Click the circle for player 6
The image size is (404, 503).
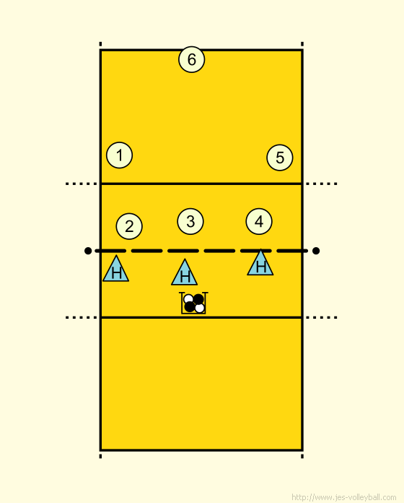click(191, 59)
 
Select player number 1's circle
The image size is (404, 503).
click(120, 155)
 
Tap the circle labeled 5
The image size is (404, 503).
click(280, 158)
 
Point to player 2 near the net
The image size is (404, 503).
click(129, 226)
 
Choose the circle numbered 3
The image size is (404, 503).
click(190, 221)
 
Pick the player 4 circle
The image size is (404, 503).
click(259, 221)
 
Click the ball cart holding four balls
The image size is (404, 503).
click(193, 303)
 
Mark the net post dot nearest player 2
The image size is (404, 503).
click(88, 251)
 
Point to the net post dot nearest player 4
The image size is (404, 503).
click(316, 251)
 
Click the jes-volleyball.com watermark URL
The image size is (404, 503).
click(344, 497)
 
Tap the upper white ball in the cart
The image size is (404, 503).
click(188, 299)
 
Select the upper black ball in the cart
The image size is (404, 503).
click(198, 299)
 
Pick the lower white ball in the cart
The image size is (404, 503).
click(199, 308)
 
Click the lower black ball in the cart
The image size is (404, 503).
click(190, 306)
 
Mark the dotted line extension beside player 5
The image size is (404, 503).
click(321, 184)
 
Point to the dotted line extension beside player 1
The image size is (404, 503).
click(81, 184)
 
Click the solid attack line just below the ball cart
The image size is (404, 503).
click(201, 317)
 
